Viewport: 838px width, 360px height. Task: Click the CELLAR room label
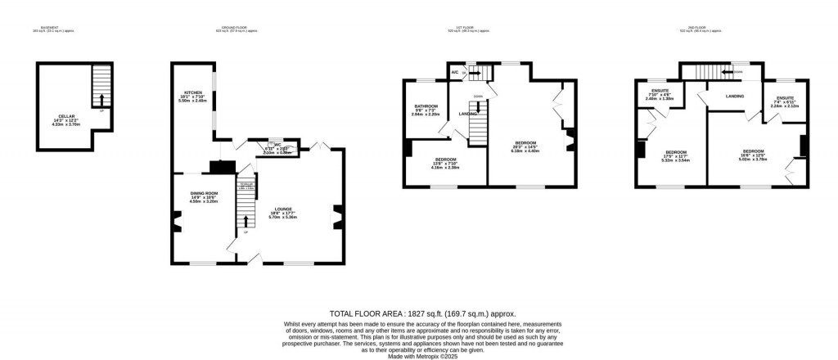(63, 116)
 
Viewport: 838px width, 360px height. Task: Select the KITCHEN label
(193, 92)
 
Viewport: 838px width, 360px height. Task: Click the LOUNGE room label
(283, 209)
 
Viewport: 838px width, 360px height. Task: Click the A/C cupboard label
(455, 73)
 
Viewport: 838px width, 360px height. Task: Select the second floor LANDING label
(735, 97)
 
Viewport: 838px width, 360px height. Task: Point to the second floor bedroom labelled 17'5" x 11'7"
(676, 152)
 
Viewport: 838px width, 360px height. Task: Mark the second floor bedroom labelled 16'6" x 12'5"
(753, 152)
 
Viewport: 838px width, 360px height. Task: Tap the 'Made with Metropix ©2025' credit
(418, 355)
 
